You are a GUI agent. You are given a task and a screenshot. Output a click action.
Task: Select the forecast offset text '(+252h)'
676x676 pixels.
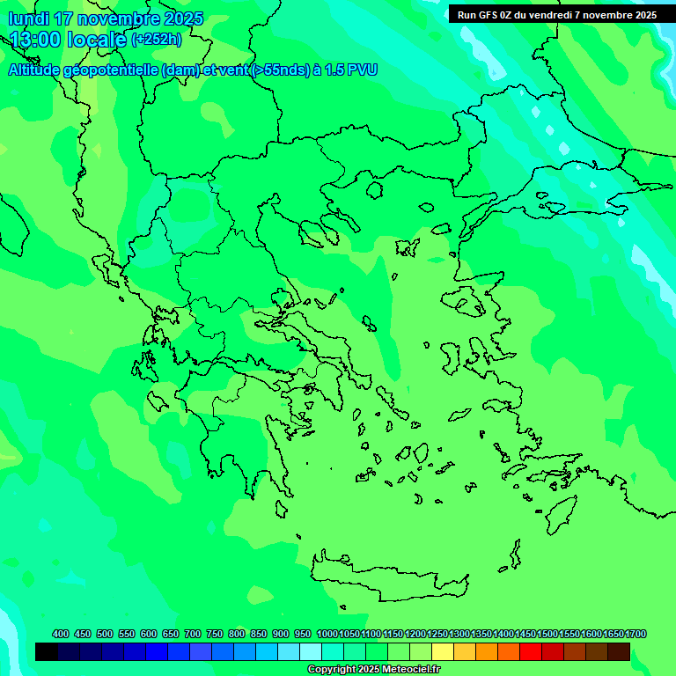point(156,40)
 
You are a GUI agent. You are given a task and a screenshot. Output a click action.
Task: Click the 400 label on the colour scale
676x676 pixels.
point(61,635)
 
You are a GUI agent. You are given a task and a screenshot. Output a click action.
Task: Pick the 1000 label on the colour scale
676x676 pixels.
point(327,635)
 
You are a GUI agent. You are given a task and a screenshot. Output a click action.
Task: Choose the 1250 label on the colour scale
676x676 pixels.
point(437,635)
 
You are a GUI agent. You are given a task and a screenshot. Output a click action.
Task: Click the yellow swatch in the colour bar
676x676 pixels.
point(443,651)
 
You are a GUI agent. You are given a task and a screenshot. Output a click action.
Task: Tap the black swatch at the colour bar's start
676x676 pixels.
point(47,651)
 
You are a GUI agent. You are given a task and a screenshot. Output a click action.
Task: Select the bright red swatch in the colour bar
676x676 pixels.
point(531,651)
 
